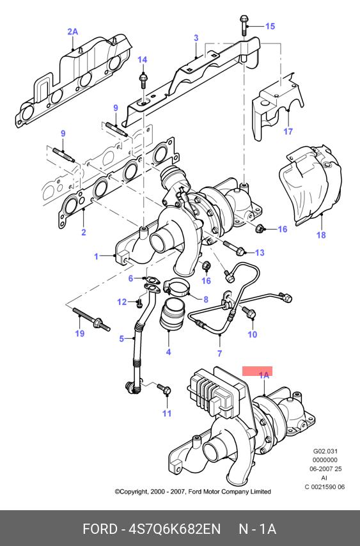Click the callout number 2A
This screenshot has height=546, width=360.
point(72,32)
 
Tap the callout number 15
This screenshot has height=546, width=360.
point(270,26)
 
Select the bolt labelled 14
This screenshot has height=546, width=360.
point(143,81)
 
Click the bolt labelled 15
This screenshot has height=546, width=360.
point(243,25)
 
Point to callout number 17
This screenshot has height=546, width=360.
point(288,131)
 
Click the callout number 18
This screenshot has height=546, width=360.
point(321,235)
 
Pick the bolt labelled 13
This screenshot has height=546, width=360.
point(233,247)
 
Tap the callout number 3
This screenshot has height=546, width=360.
point(196,38)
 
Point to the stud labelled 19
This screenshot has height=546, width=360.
point(91,318)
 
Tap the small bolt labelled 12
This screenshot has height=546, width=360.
point(139,302)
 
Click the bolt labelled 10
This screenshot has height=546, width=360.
point(249,311)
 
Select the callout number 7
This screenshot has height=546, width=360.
point(220,353)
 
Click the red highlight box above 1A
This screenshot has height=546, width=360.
point(257,371)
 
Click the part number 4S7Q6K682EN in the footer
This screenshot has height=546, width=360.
point(175,529)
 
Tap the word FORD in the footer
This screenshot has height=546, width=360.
point(100,529)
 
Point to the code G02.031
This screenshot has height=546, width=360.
point(325,451)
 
